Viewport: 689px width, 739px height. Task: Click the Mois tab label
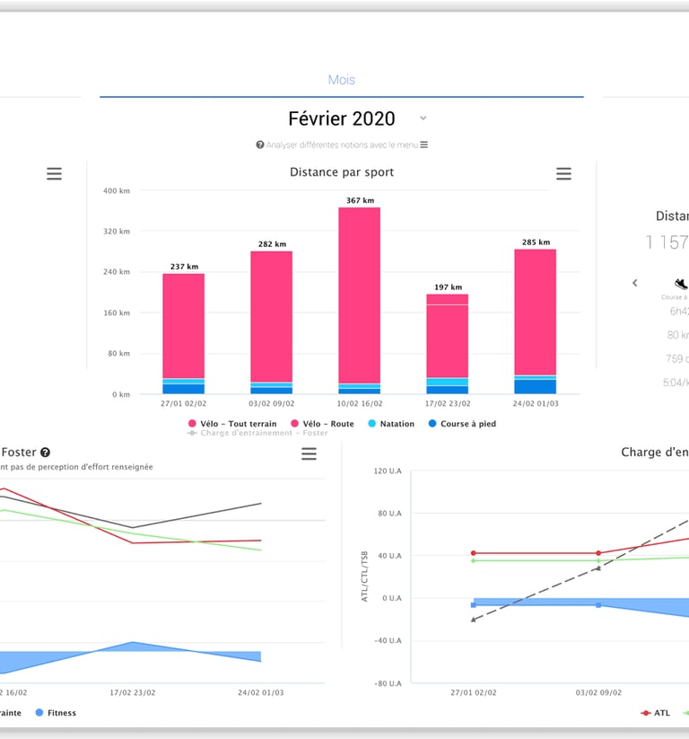341,80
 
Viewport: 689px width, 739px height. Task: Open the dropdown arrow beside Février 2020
423,119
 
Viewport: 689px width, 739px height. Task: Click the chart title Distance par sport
341,172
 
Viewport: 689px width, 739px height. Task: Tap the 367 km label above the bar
359,200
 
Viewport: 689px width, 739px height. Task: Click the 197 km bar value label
447,287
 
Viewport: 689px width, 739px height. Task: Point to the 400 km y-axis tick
116,190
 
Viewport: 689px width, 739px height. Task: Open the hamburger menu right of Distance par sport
563,174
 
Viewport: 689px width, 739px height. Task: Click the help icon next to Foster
45,453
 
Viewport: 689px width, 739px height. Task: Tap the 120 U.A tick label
387,471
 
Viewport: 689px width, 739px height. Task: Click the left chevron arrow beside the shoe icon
635,283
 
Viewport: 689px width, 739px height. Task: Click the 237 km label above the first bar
183,266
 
